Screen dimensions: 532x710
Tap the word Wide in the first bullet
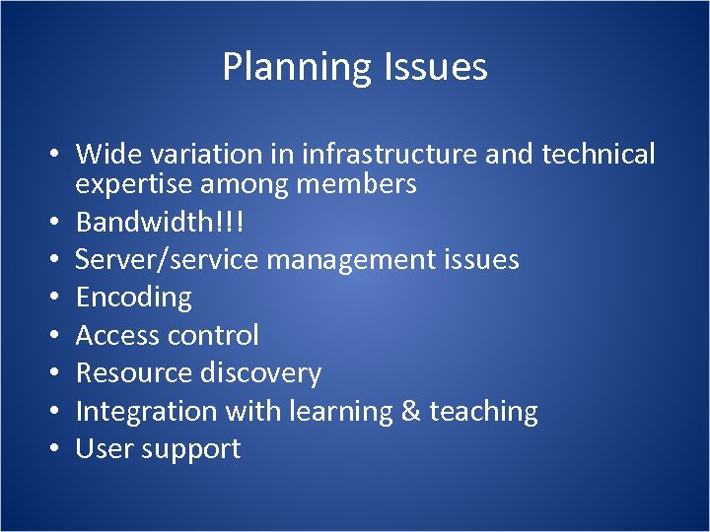tap(107, 155)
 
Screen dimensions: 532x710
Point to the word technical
tap(597, 155)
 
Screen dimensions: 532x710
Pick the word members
tap(361, 184)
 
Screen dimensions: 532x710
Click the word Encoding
tap(134, 297)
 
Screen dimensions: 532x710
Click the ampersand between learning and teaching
tap(411, 411)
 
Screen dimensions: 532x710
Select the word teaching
tap(483, 411)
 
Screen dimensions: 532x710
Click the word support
tap(189, 450)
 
